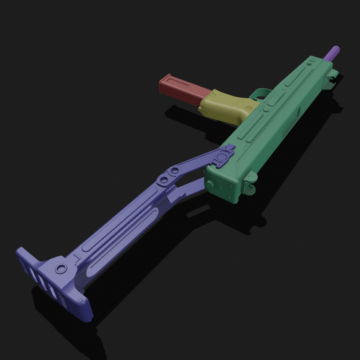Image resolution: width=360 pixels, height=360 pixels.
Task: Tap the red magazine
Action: coord(183,89)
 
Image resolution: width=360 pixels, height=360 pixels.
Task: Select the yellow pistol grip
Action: coord(225,105)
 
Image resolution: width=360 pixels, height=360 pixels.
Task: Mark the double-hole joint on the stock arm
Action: coord(168,177)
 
